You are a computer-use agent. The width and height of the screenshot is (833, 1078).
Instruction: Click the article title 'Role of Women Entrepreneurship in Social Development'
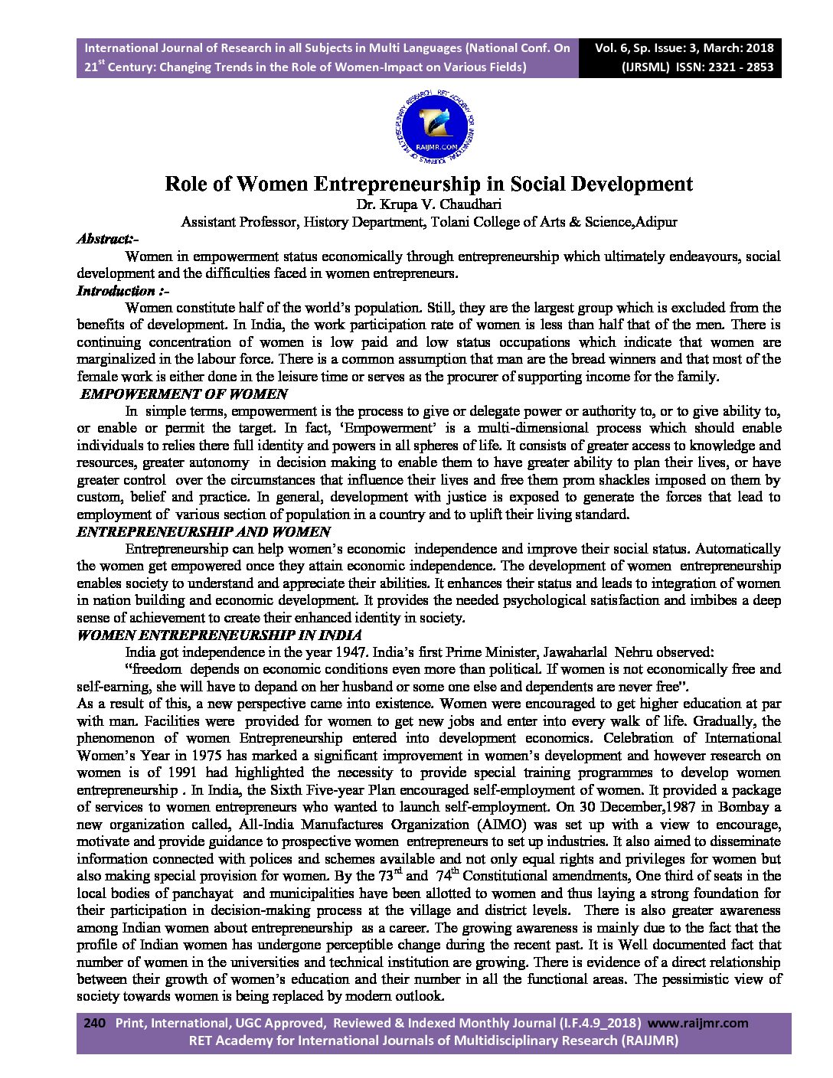coord(429,185)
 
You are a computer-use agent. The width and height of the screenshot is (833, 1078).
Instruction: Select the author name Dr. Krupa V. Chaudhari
coord(429,205)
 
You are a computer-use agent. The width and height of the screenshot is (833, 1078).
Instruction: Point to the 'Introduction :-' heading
coord(122,291)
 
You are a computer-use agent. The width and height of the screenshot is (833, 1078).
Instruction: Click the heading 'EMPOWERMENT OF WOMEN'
coord(184,394)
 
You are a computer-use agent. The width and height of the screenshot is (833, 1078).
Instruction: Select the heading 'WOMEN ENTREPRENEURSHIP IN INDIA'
coord(220,635)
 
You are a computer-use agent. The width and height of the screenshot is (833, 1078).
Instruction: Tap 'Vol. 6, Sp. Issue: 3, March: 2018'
coord(684,47)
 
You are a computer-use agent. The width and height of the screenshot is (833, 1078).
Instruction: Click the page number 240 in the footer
coord(93,1023)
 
